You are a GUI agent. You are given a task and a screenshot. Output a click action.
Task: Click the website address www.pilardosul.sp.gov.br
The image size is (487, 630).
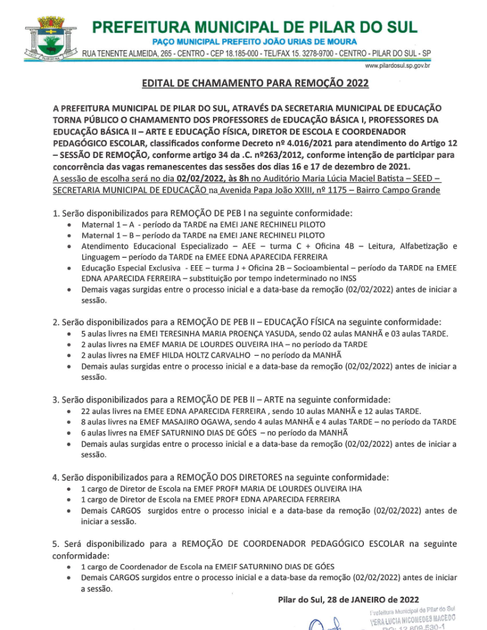[x=397, y=65]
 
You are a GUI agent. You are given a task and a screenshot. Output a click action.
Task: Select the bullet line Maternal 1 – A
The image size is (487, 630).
[x=203, y=225]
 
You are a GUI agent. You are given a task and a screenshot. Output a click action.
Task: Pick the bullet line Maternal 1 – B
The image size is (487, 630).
[x=203, y=235]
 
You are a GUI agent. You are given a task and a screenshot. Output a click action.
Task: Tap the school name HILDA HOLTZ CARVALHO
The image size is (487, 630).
[x=206, y=355]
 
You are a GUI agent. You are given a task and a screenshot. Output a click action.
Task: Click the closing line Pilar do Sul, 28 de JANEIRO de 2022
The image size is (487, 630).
[x=348, y=599]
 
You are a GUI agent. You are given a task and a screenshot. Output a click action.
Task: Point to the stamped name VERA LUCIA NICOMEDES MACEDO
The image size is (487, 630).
[x=413, y=618]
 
